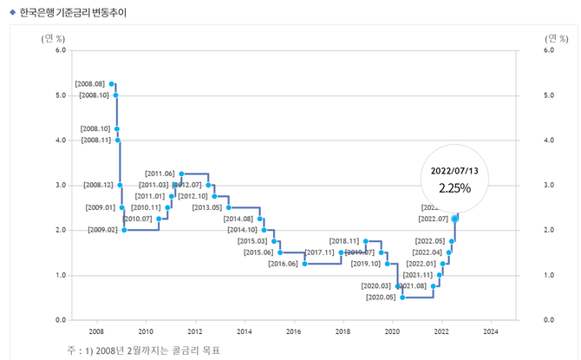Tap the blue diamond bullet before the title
coord(12,12)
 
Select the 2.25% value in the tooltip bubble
coord(454,187)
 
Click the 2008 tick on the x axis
coord(96,331)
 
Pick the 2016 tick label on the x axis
coord(293,331)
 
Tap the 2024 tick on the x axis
coord(490,331)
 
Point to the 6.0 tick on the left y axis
coord(60,50)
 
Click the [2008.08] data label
coord(90,83)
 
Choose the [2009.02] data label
coord(102,230)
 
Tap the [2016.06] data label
coord(283,264)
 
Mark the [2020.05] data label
coord(381,298)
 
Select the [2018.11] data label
coord(344,240)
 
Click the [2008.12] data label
coord(98,186)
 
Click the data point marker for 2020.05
coord(402,298)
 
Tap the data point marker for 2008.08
coord(112,83)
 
